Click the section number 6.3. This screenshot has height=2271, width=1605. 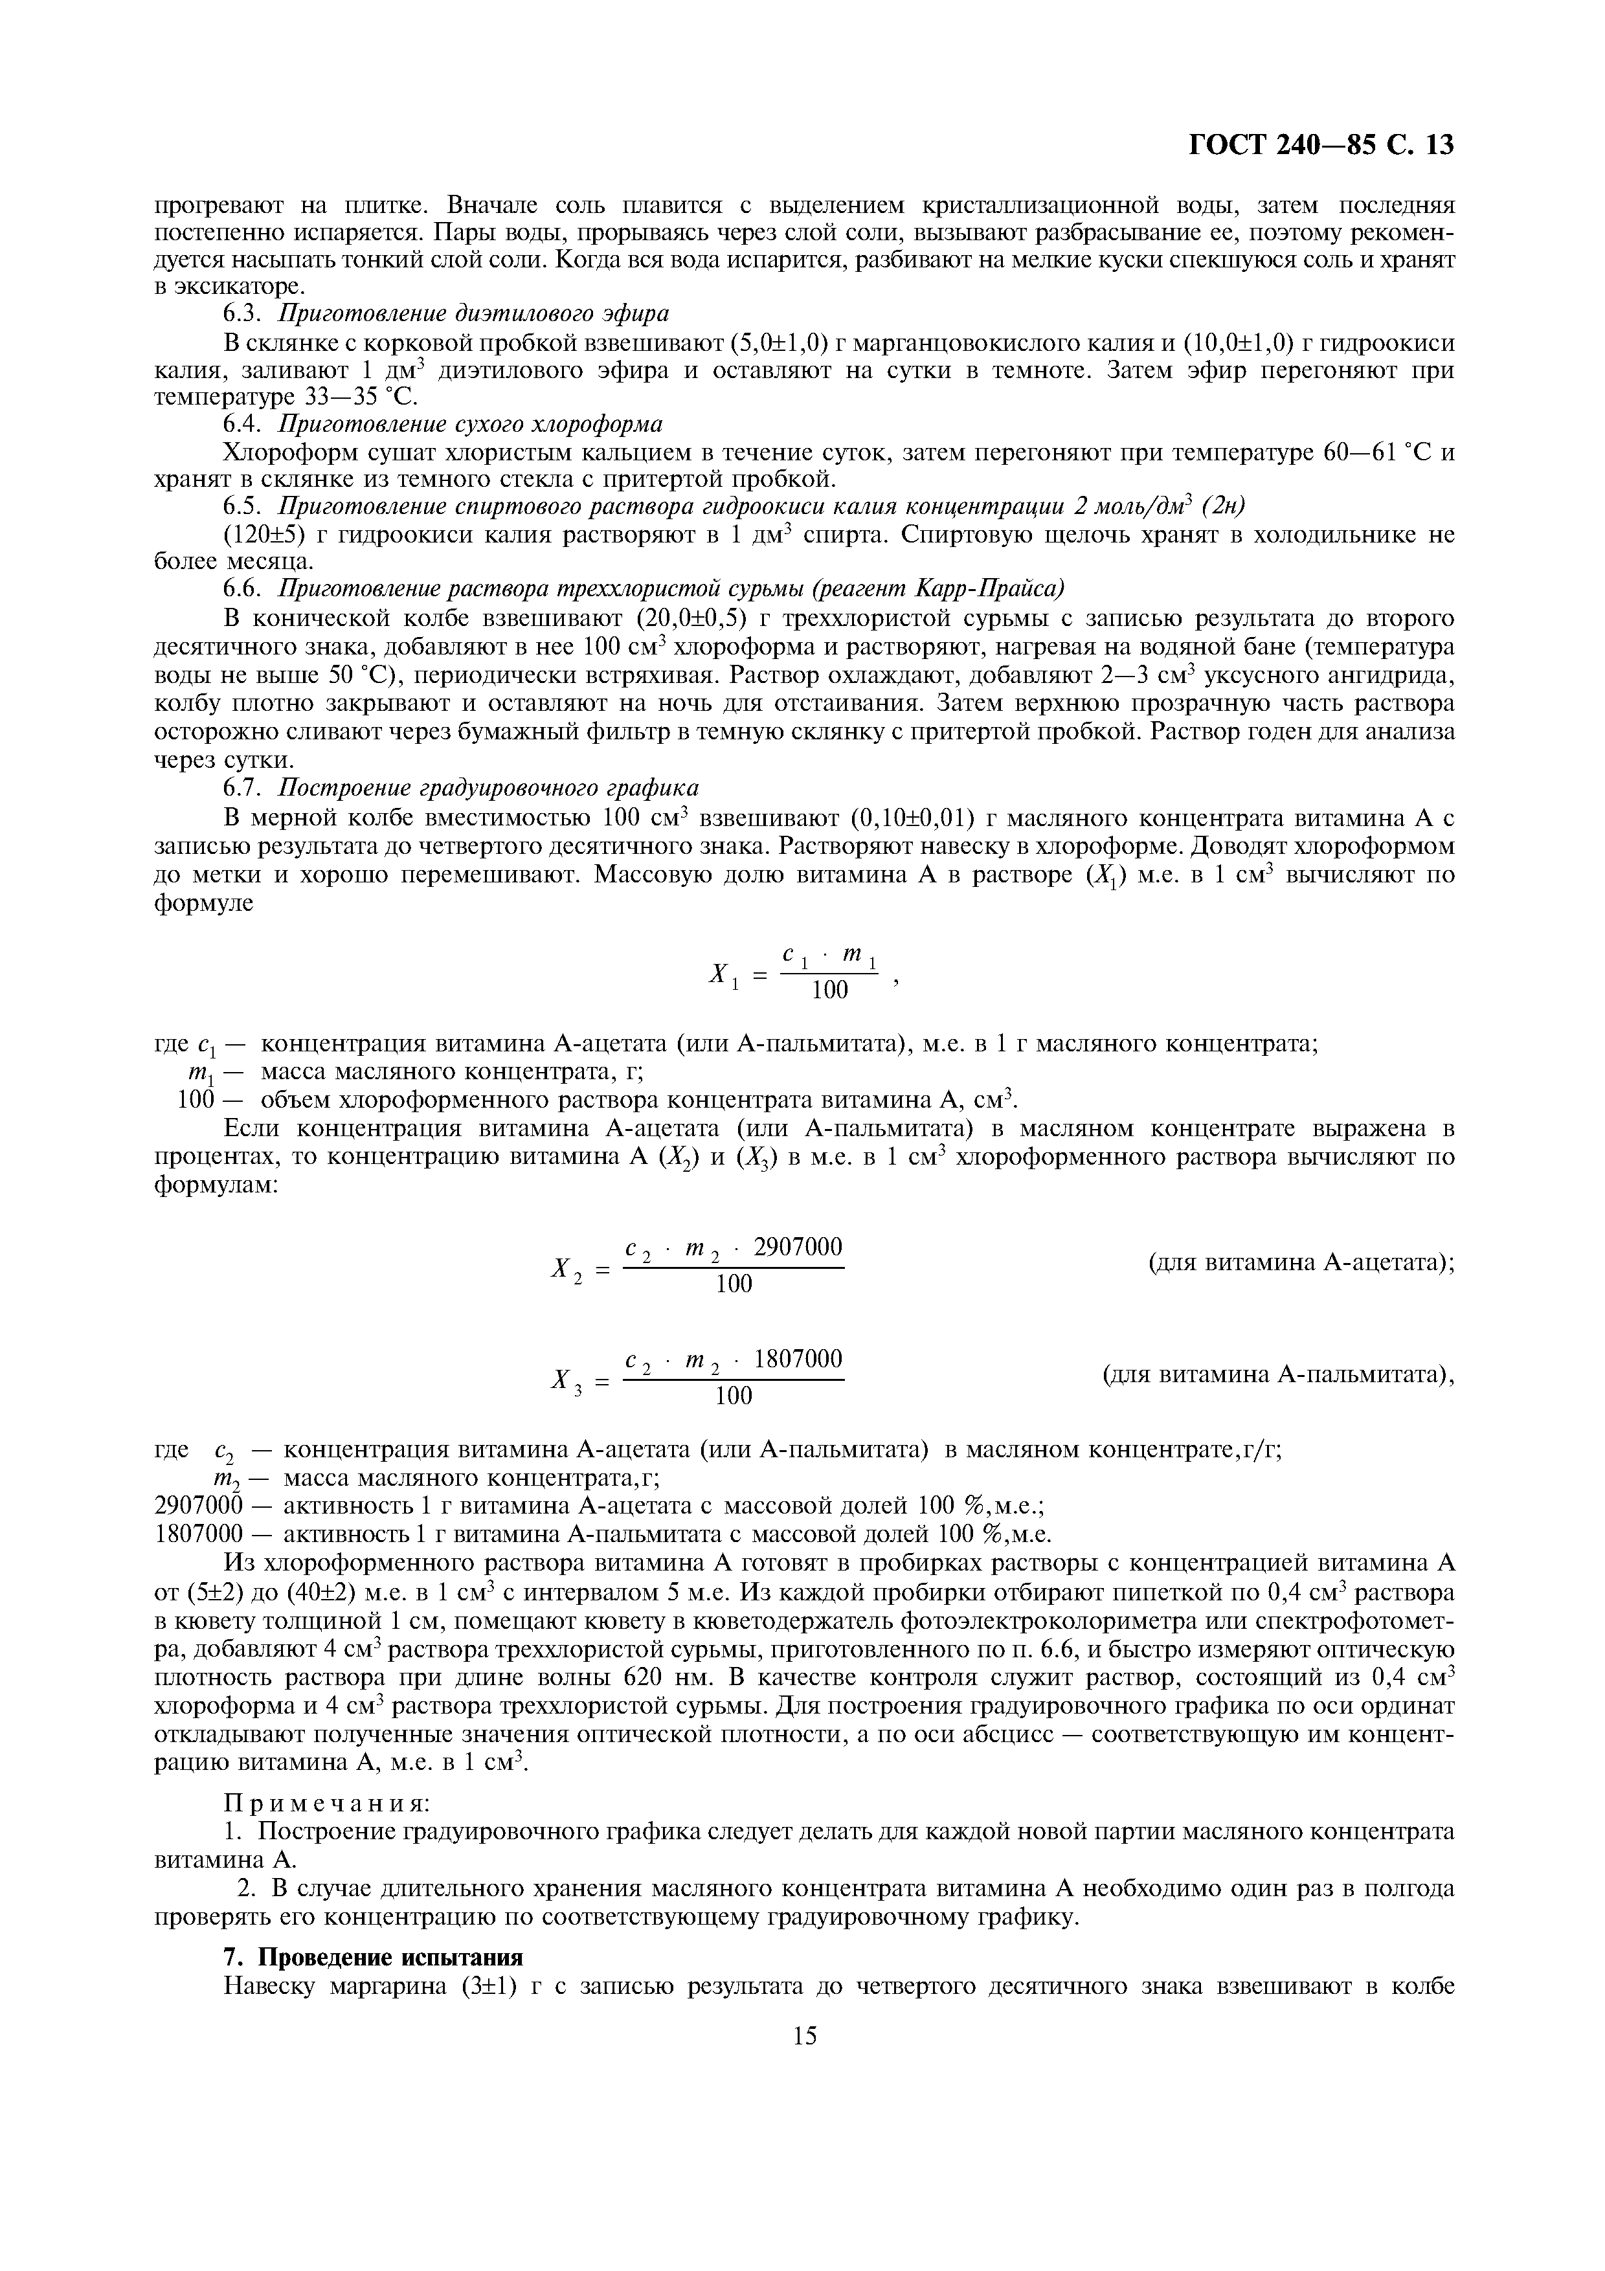[244, 313]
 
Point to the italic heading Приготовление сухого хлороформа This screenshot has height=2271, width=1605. [470, 424]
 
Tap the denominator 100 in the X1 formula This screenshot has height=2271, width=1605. [830, 990]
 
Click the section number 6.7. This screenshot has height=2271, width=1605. [244, 789]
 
